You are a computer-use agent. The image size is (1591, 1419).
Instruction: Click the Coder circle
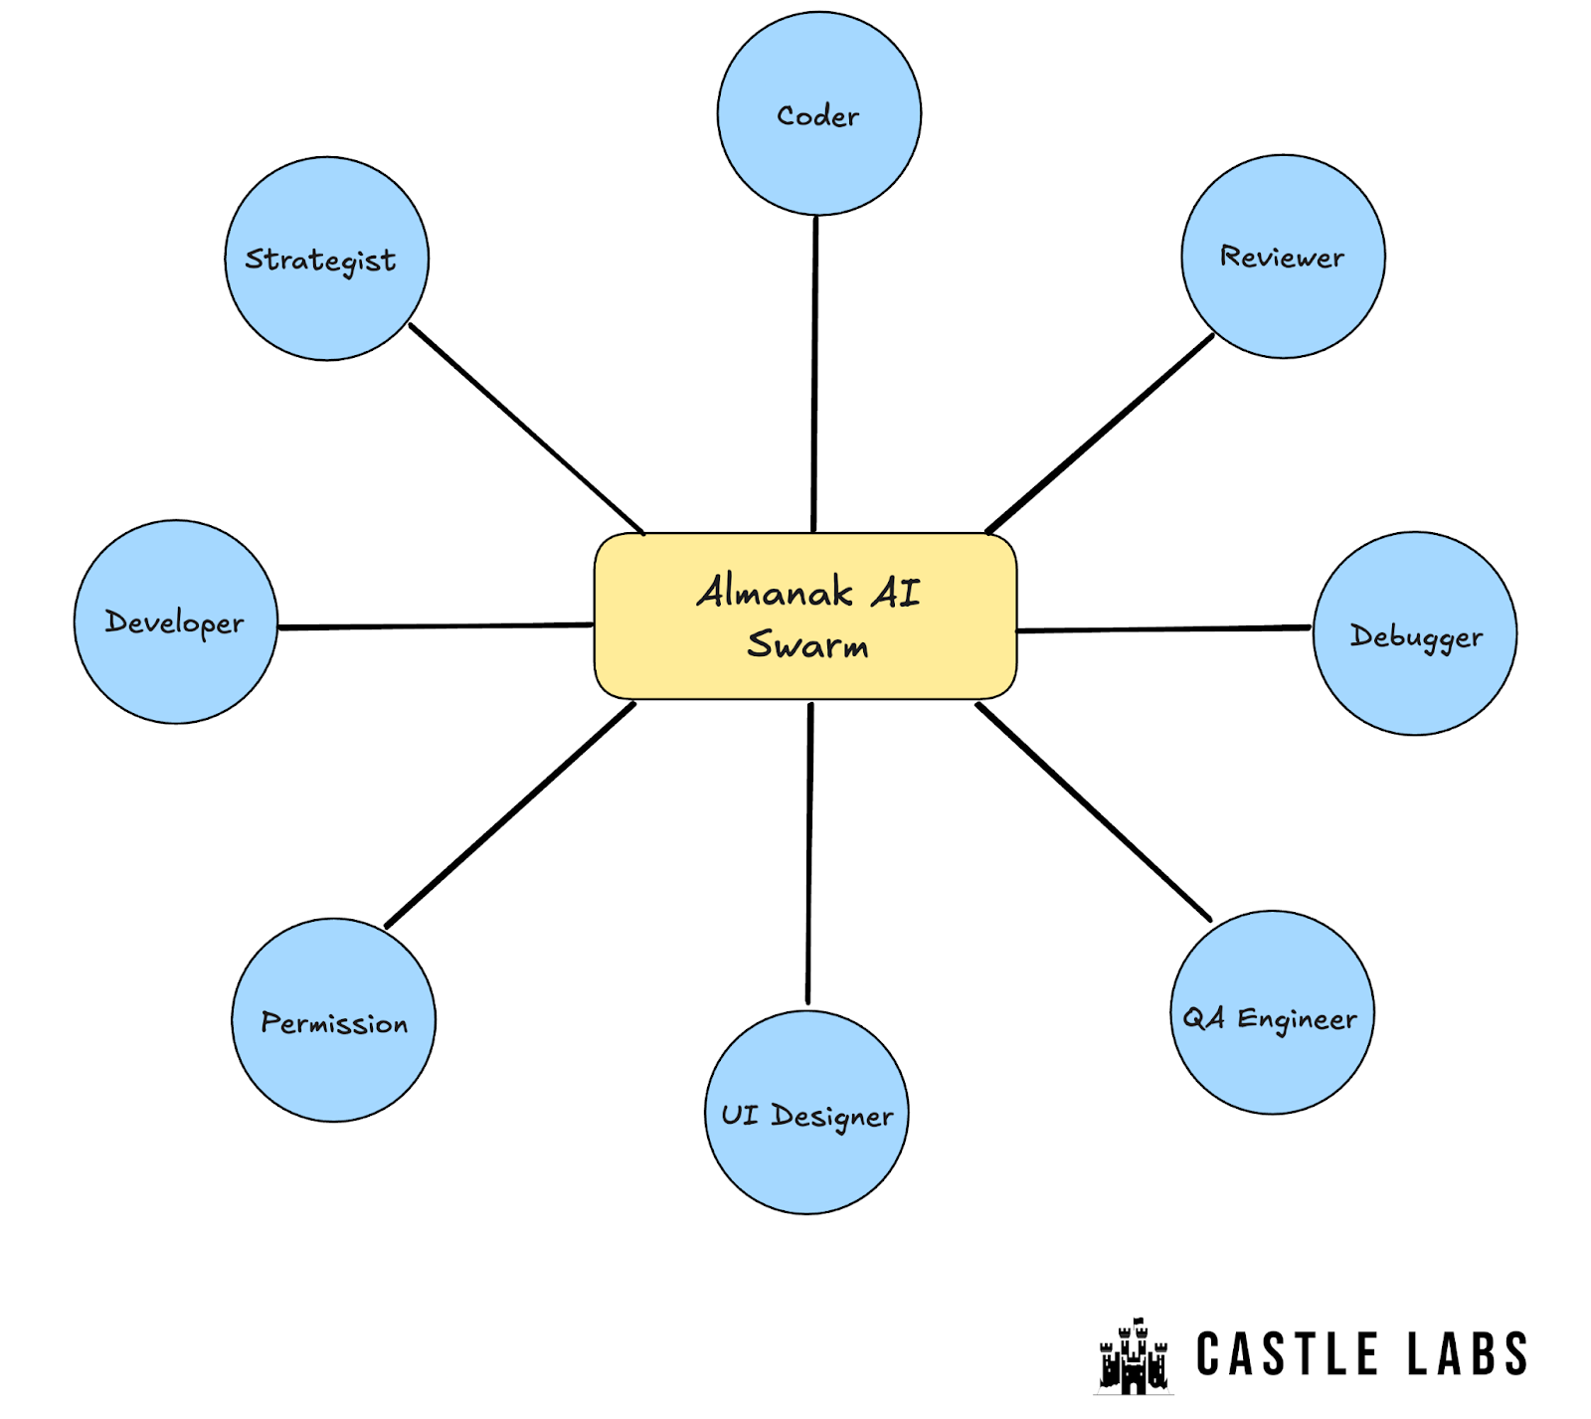tap(818, 113)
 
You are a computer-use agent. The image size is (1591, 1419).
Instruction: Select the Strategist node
tap(326, 259)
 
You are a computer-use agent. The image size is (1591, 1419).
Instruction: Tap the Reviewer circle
tap(1283, 257)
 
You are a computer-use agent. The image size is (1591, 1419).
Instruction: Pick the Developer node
tap(176, 621)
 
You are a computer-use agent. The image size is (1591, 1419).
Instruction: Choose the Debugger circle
tap(1414, 633)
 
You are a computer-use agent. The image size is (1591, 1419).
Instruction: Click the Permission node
tap(333, 1020)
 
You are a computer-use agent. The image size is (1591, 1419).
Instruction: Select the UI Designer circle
tap(806, 1113)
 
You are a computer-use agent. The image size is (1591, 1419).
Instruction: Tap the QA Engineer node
tap(1272, 1012)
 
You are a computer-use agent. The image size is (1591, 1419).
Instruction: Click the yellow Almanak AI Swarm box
tap(805, 617)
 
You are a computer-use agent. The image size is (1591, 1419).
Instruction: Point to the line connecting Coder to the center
tap(814, 373)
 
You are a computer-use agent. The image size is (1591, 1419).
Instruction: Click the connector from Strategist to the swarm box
tap(527, 429)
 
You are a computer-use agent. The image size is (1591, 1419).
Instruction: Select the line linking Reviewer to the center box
tap(1100, 433)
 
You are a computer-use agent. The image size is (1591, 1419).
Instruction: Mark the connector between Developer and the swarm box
tap(436, 626)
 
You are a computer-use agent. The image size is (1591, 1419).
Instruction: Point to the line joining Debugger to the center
tap(1163, 629)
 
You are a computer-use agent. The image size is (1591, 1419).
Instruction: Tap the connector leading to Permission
tap(510, 815)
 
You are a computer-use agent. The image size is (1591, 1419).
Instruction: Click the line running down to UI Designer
tap(809, 853)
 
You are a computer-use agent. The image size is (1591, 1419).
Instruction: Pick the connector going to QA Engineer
tap(1094, 811)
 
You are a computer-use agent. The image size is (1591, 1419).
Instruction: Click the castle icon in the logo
tap(1133, 1356)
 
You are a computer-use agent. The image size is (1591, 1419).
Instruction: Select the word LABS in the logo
tap(1467, 1354)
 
